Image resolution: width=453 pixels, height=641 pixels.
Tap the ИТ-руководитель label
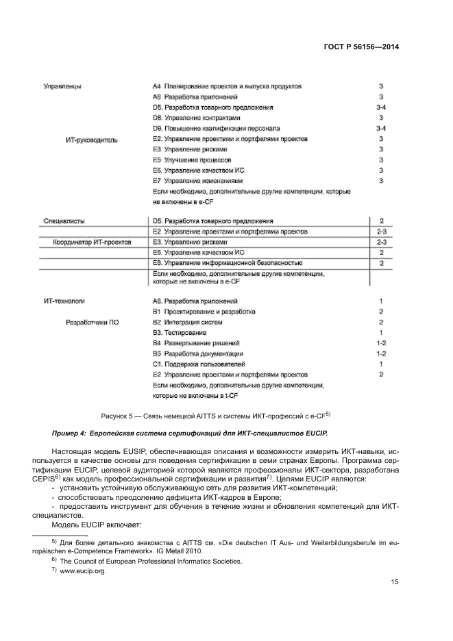[91, 140]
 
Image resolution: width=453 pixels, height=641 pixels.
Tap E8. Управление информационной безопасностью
[228, 263]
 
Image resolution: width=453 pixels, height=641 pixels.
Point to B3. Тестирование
[180, 332]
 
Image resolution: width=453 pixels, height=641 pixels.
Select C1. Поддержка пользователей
[199, 364]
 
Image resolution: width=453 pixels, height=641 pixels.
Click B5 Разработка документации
[198, 353]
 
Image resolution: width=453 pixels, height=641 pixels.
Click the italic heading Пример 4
[190, 434]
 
